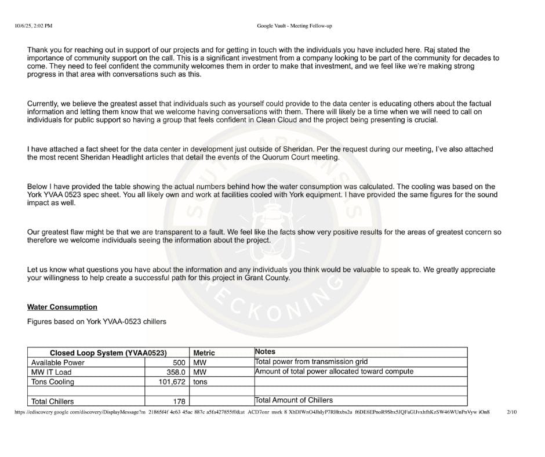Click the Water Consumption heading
click(x=62, y=307)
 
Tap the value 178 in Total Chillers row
click(x=179, y=401)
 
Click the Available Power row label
click(x=57, y=362)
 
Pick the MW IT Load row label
click(x=51, y=372)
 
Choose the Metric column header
click(x=204, y=353)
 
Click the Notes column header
click(x=265, y=352)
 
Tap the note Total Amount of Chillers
click(x=294, y=400)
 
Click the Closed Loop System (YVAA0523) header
click(x=108, y=353)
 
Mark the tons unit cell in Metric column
click(x=200, y=382)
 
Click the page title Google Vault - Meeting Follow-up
click(x=294, y=26)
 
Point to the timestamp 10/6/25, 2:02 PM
click(x=34, y=26)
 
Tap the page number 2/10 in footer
click(x=511, y=412)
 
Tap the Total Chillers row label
click(x=52, y=401)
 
